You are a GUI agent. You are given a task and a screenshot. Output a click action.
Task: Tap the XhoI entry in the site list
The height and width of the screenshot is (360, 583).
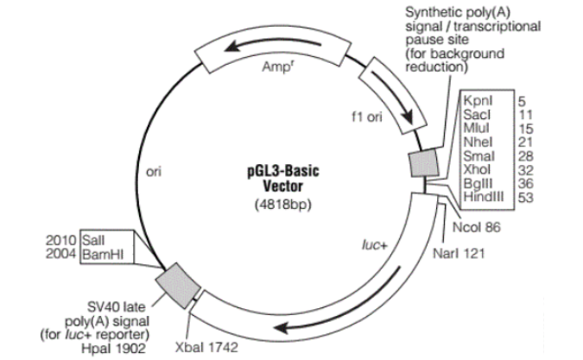[477, 171]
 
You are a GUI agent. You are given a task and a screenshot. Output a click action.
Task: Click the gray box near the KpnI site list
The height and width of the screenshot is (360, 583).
[423, 164]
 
